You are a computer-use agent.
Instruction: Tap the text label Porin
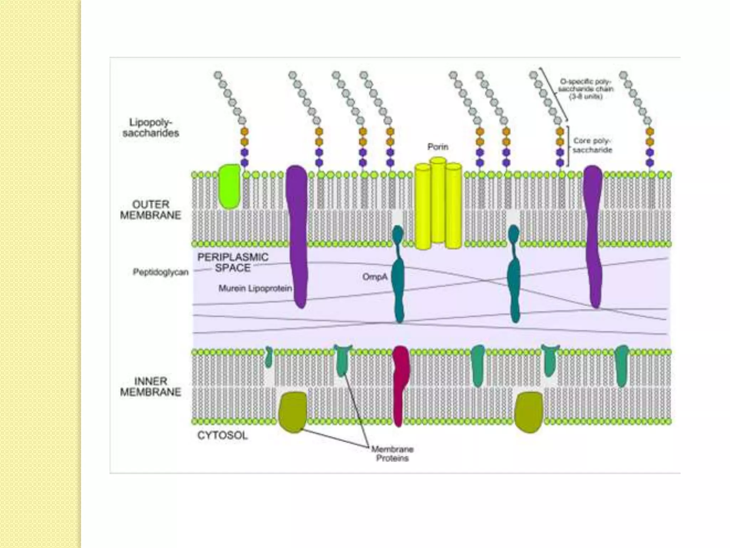438,147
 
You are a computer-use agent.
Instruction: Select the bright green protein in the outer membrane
230,186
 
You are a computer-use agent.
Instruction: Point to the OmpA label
375,276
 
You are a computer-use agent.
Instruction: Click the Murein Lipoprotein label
255,288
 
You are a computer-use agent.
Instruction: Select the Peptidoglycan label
160,272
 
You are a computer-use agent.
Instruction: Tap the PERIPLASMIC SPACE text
233,263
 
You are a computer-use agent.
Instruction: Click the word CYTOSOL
222,435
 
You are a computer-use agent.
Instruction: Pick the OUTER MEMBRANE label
150,210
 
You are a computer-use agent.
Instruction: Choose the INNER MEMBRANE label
150,386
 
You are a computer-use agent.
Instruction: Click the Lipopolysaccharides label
150,128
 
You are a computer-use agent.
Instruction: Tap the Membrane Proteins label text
392,453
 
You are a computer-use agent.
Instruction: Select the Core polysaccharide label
592,145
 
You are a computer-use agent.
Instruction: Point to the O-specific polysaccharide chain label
586,89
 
